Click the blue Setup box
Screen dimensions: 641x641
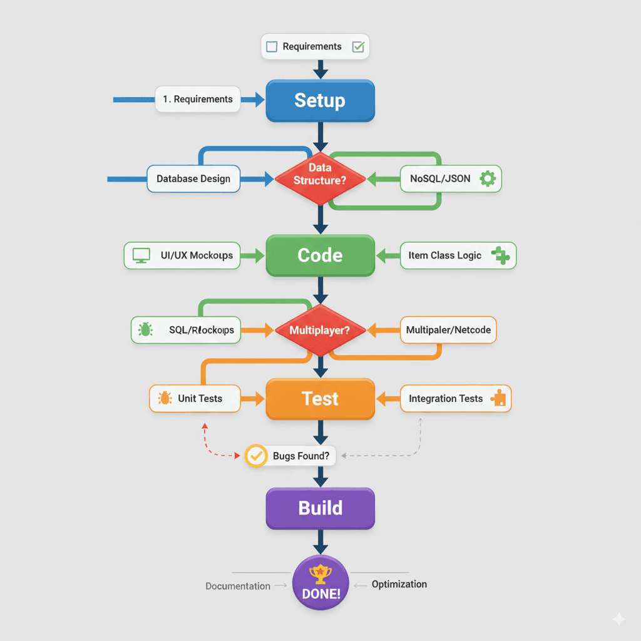point(320,100)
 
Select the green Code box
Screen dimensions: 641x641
point(320,255)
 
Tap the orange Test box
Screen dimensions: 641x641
point(320,399)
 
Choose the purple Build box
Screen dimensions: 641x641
point(320,508)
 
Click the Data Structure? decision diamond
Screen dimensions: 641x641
point(320,178)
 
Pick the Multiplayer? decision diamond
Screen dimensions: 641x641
point(320,330)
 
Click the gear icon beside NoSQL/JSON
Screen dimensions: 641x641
point(487,178)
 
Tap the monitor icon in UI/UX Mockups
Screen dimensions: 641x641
point(141,255)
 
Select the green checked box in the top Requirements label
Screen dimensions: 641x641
point(358,46)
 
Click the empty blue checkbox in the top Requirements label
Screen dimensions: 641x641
point(272,46)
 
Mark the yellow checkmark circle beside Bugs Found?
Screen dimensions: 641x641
point(255,456)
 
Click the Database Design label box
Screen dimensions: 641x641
point(193,178)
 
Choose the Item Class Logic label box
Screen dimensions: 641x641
point(458,255)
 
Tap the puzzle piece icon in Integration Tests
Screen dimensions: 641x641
point(499,398)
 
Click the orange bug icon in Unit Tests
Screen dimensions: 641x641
point(165,398)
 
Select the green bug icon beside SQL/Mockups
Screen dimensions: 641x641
point(146,330)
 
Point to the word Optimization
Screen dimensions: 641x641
point(399,584)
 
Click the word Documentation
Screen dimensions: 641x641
point(238,586)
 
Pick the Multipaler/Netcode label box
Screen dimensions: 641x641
point(448,330)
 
